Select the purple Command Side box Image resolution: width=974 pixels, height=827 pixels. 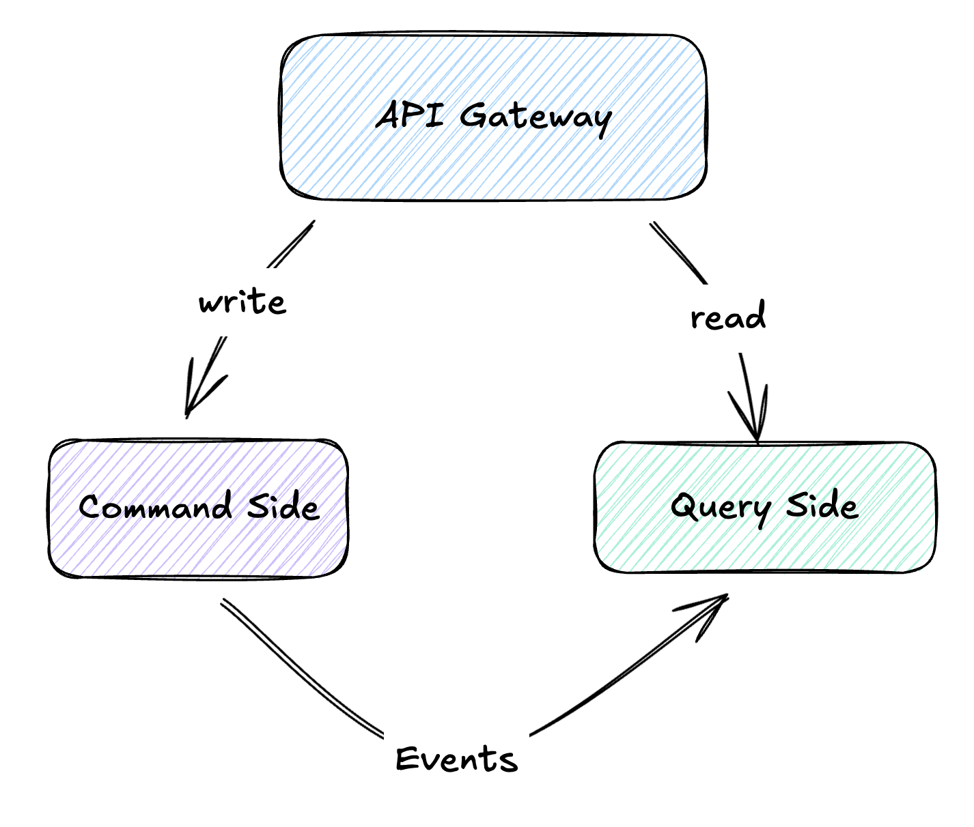pos(198,546)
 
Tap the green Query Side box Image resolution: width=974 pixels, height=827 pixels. pos(765,546)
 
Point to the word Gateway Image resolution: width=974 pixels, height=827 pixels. pos(535,117)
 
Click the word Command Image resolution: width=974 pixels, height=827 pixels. pos(156,508)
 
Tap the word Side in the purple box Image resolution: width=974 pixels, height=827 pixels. pos(283,506)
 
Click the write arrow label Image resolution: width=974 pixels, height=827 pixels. pos(242,302)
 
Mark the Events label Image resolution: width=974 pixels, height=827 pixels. pos(456,759)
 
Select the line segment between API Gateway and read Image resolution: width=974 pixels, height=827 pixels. pos(678,252)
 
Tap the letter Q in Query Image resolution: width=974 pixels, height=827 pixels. pos(683,507)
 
